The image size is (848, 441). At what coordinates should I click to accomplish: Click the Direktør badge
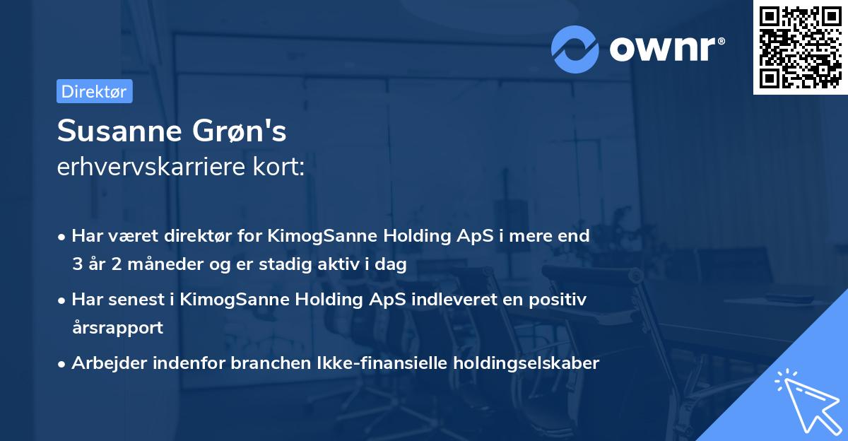click(94, 91)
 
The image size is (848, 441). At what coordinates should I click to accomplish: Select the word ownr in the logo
click(661, 48)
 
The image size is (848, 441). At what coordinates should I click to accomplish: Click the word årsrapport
click(117, 328)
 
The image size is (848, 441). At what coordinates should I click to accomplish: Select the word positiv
click(561, 300)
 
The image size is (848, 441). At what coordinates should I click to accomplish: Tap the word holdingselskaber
click(535, 363)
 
